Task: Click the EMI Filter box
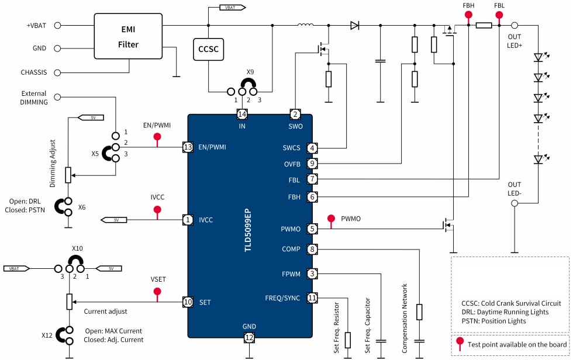click(x=129, y=36)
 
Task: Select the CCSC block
click(x=209, y=50)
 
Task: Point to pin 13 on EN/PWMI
click(x=188, y=147)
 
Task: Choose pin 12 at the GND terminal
click(x=250, y=337)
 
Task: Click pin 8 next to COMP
click(x=313, y=250)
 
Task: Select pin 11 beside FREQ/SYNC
click(x=313, y=298)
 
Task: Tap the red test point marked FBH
click(x=468, y=18)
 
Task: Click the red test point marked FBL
click(x=499, y=18)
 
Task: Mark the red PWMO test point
click(x=331, y=219)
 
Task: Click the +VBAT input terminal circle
click(x=58, y=26)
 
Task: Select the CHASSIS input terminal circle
click(x=58, y=72)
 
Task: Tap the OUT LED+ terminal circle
click(x=515, y=26)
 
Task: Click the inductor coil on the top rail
click(x=305, y=25)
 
